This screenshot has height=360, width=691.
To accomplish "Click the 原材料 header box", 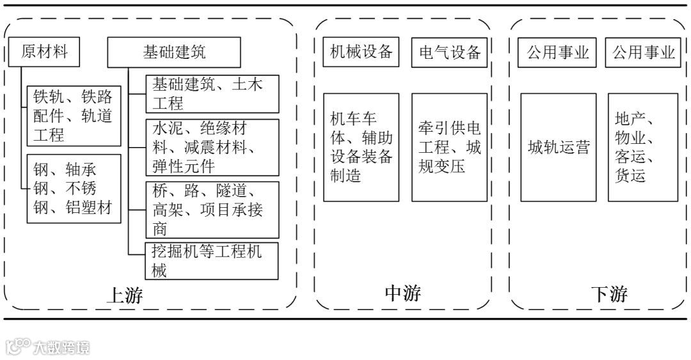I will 44,52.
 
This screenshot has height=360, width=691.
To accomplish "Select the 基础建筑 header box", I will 173,52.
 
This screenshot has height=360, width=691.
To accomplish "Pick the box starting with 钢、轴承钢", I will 74,188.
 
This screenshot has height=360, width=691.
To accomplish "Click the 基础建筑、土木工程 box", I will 212,94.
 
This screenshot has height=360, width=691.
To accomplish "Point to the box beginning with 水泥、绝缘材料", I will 212,147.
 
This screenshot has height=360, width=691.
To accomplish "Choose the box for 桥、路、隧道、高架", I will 212,209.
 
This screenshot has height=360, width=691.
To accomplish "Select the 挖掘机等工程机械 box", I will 212,260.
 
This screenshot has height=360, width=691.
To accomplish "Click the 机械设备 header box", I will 361,52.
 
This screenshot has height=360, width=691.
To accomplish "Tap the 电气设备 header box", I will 449,52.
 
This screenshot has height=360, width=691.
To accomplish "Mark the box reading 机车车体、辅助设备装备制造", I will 361,147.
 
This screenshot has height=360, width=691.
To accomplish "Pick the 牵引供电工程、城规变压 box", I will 449,147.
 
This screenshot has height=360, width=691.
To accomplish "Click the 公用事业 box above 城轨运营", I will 558,52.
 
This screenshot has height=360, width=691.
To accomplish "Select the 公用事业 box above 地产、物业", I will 644,52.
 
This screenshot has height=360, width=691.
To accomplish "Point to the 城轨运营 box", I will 558,147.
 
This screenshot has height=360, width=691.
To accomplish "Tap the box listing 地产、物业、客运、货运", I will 642,147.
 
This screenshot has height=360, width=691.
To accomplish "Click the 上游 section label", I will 124,295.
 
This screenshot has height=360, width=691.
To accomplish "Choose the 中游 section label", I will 403,293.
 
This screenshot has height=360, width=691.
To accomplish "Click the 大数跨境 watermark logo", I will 48,347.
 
